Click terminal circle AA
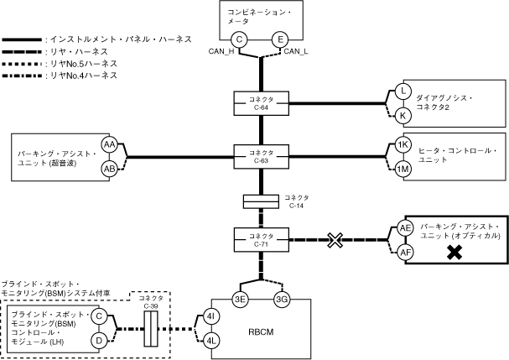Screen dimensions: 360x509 click(x=110, y=145)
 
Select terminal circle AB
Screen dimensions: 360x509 click(x=110, y=168)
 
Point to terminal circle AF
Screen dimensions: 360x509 click(x=405, y=251)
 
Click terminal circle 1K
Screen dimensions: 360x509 click(x=403, y=145)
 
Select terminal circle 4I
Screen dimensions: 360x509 click(x=211, y=316)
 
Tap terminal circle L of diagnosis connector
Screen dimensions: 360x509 click(x=403, y=91)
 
